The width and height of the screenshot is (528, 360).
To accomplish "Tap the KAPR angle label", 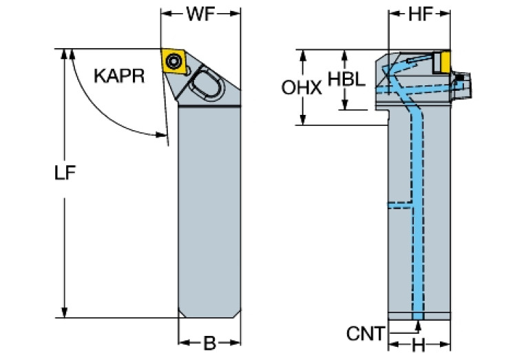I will tap(119, 76).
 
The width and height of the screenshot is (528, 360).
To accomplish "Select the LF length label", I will tap(65, 175).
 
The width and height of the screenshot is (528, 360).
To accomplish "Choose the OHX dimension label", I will tap(302, 87).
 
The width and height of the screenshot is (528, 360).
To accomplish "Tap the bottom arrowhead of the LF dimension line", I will tap(65, 313).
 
